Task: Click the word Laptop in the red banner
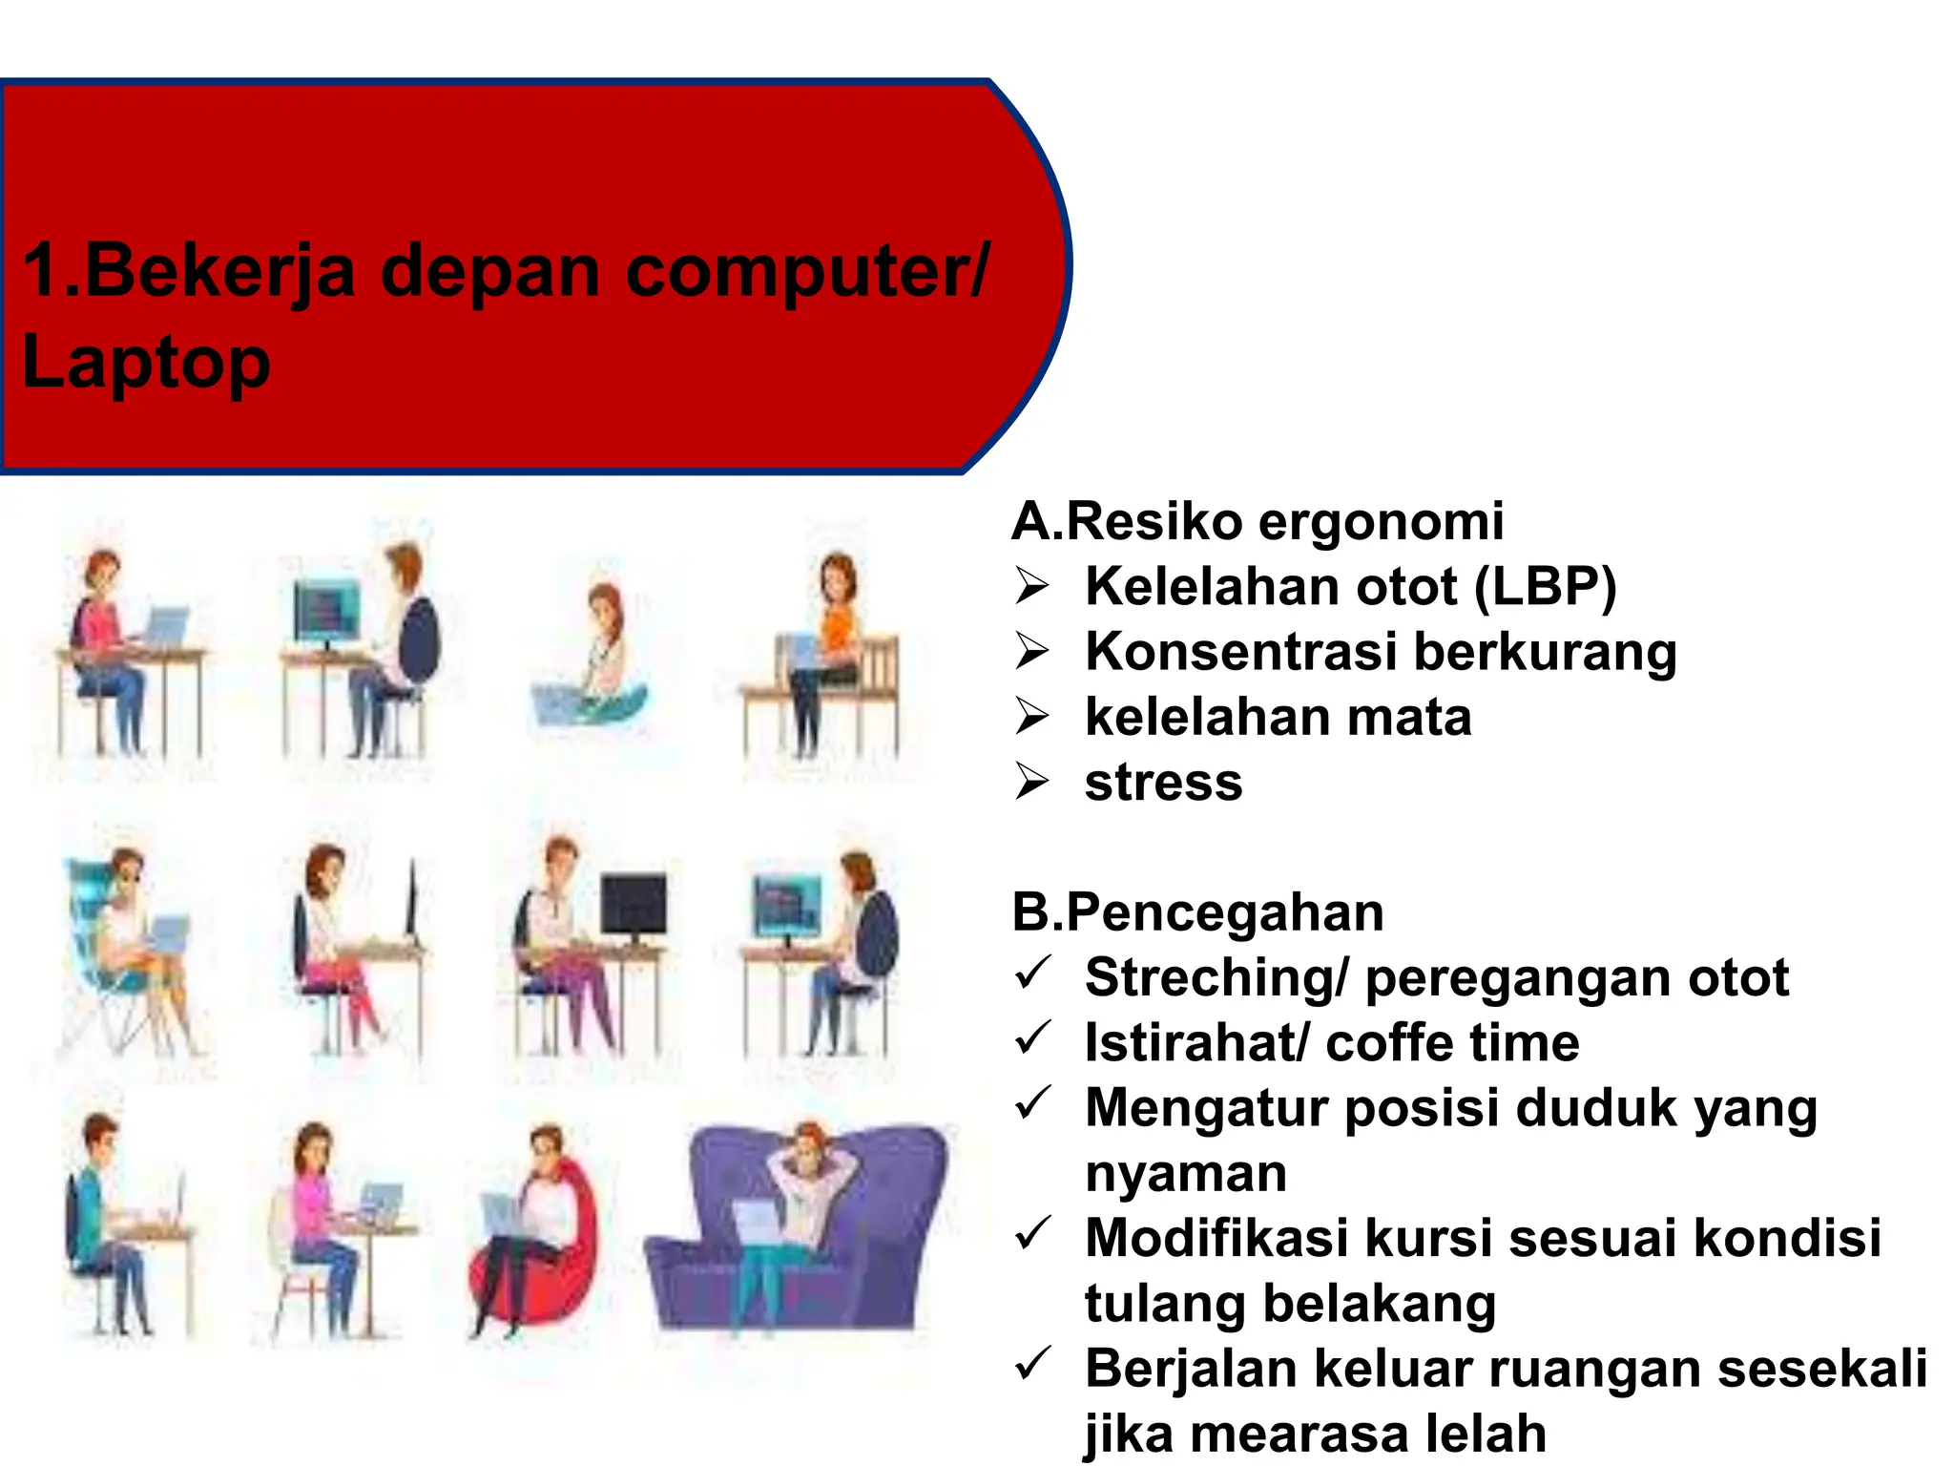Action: (x=146, y=363)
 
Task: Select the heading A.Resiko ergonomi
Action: (x=1258, y=521)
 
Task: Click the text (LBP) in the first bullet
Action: (x=1546, y=586)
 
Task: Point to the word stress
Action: (x=1164, y=783)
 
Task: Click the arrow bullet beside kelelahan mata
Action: (x=1031, y=717)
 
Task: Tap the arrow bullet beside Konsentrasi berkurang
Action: (x=1031, y=652)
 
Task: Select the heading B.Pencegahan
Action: (x=1197, y=912)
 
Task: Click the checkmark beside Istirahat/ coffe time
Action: (x=1033, y=1038)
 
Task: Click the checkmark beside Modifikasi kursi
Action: (x=1033, y=1234)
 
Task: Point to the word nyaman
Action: (x=1186, y=1173)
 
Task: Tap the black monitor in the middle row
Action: (x=634, y=905)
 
